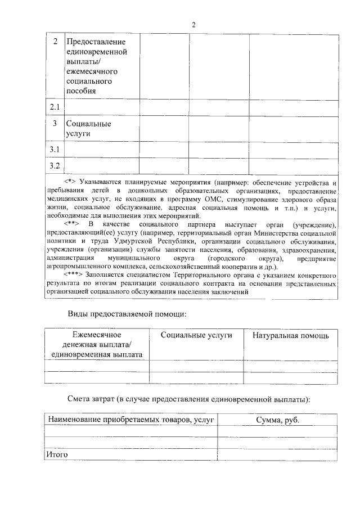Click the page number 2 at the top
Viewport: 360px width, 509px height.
[x=194, y=25]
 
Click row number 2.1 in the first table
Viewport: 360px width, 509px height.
[x=55, y=106]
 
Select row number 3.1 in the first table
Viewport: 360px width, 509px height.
[x=55, y=149]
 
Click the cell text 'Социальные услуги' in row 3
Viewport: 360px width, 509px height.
[x=88, y=128]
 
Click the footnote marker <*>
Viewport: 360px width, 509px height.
[x=70, y=183]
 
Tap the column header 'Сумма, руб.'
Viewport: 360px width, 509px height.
[x=277, y=420]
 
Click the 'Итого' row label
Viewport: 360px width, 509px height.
[x=56, y=453]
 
